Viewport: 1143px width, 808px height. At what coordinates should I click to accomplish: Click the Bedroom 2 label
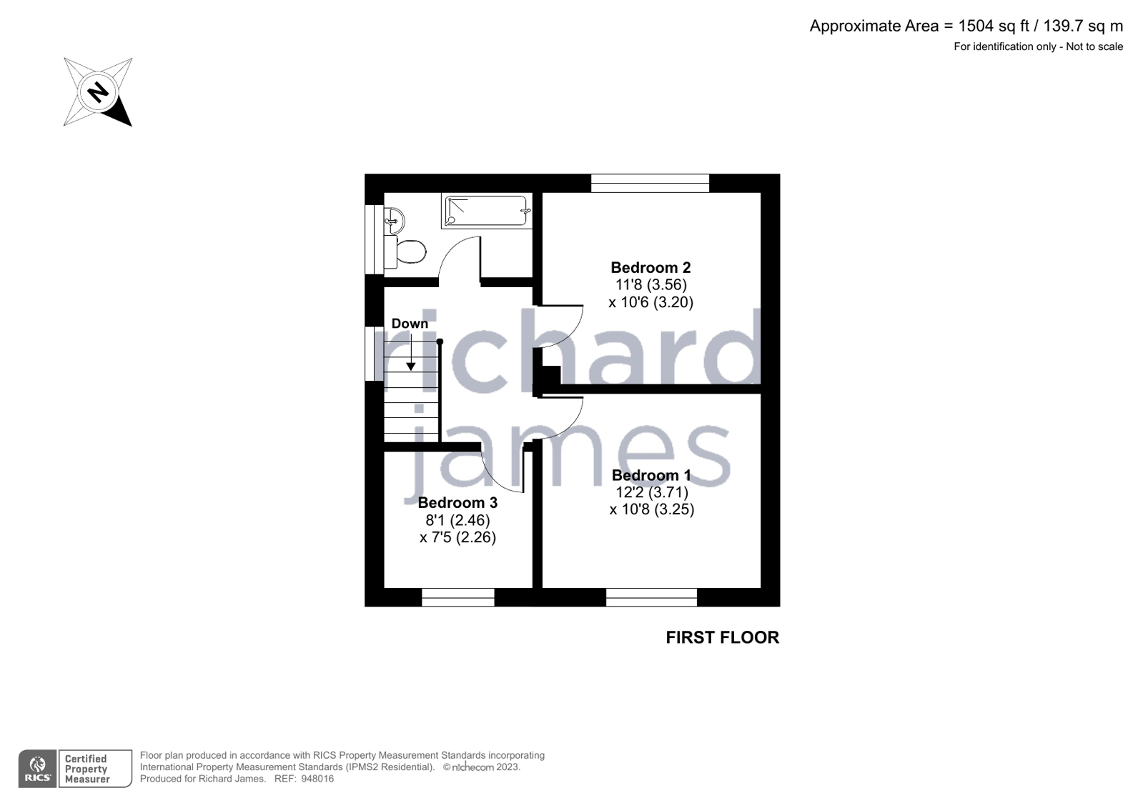pyautogui.click(x=650, y=268)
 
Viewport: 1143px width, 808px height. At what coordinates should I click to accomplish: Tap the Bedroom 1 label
pyautogui.click(x=651, y=476)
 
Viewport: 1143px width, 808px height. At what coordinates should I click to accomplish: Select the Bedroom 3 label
pyautogui.click(x=457, y=503)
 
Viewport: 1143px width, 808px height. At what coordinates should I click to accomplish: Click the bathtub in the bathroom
pyautogui.click(x=487, y=211)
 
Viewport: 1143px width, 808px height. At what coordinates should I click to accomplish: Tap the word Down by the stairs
pyautogui.click(x=410, y=324)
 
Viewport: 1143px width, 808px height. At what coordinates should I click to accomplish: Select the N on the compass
pyautogui.click(x=98, y=92)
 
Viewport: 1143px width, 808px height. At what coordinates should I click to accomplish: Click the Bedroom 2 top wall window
pyautogui.click(x=650, y=184)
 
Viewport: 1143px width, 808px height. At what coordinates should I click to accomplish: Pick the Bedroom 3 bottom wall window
pyautogui.click(x=457, y=597)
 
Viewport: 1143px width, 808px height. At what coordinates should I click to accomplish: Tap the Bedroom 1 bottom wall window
pyautogui.click(x=651, y=597)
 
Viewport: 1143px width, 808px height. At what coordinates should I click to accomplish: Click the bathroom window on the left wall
pyautogui.click(x=374, y=239)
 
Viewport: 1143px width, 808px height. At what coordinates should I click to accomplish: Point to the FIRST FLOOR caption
pyautogui.click(x=722, y=637)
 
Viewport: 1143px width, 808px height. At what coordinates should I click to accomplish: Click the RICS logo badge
pyautogui.click(x=38, y=769)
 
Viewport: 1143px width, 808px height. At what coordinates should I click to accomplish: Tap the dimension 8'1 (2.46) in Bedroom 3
pyautogui.click(x=457, y=520)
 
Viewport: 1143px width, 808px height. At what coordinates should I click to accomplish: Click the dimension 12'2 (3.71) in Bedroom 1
pyautogui.click(x=651, y=492)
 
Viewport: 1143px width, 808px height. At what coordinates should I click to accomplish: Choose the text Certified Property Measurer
pyautogui.click(x=86, y=769)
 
